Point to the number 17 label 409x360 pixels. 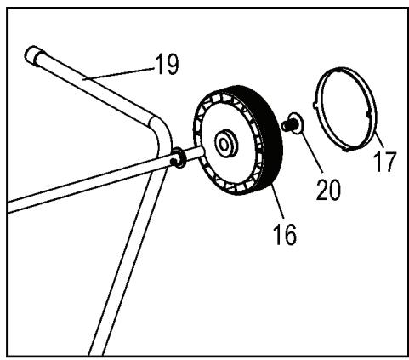pos(384,160)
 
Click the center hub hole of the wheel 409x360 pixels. pos(226,142)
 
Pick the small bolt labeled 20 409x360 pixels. pos(290,125)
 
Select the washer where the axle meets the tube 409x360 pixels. pos(179,157)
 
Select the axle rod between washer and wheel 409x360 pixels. pos(195,153)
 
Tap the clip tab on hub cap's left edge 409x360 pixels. pos(316,106)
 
